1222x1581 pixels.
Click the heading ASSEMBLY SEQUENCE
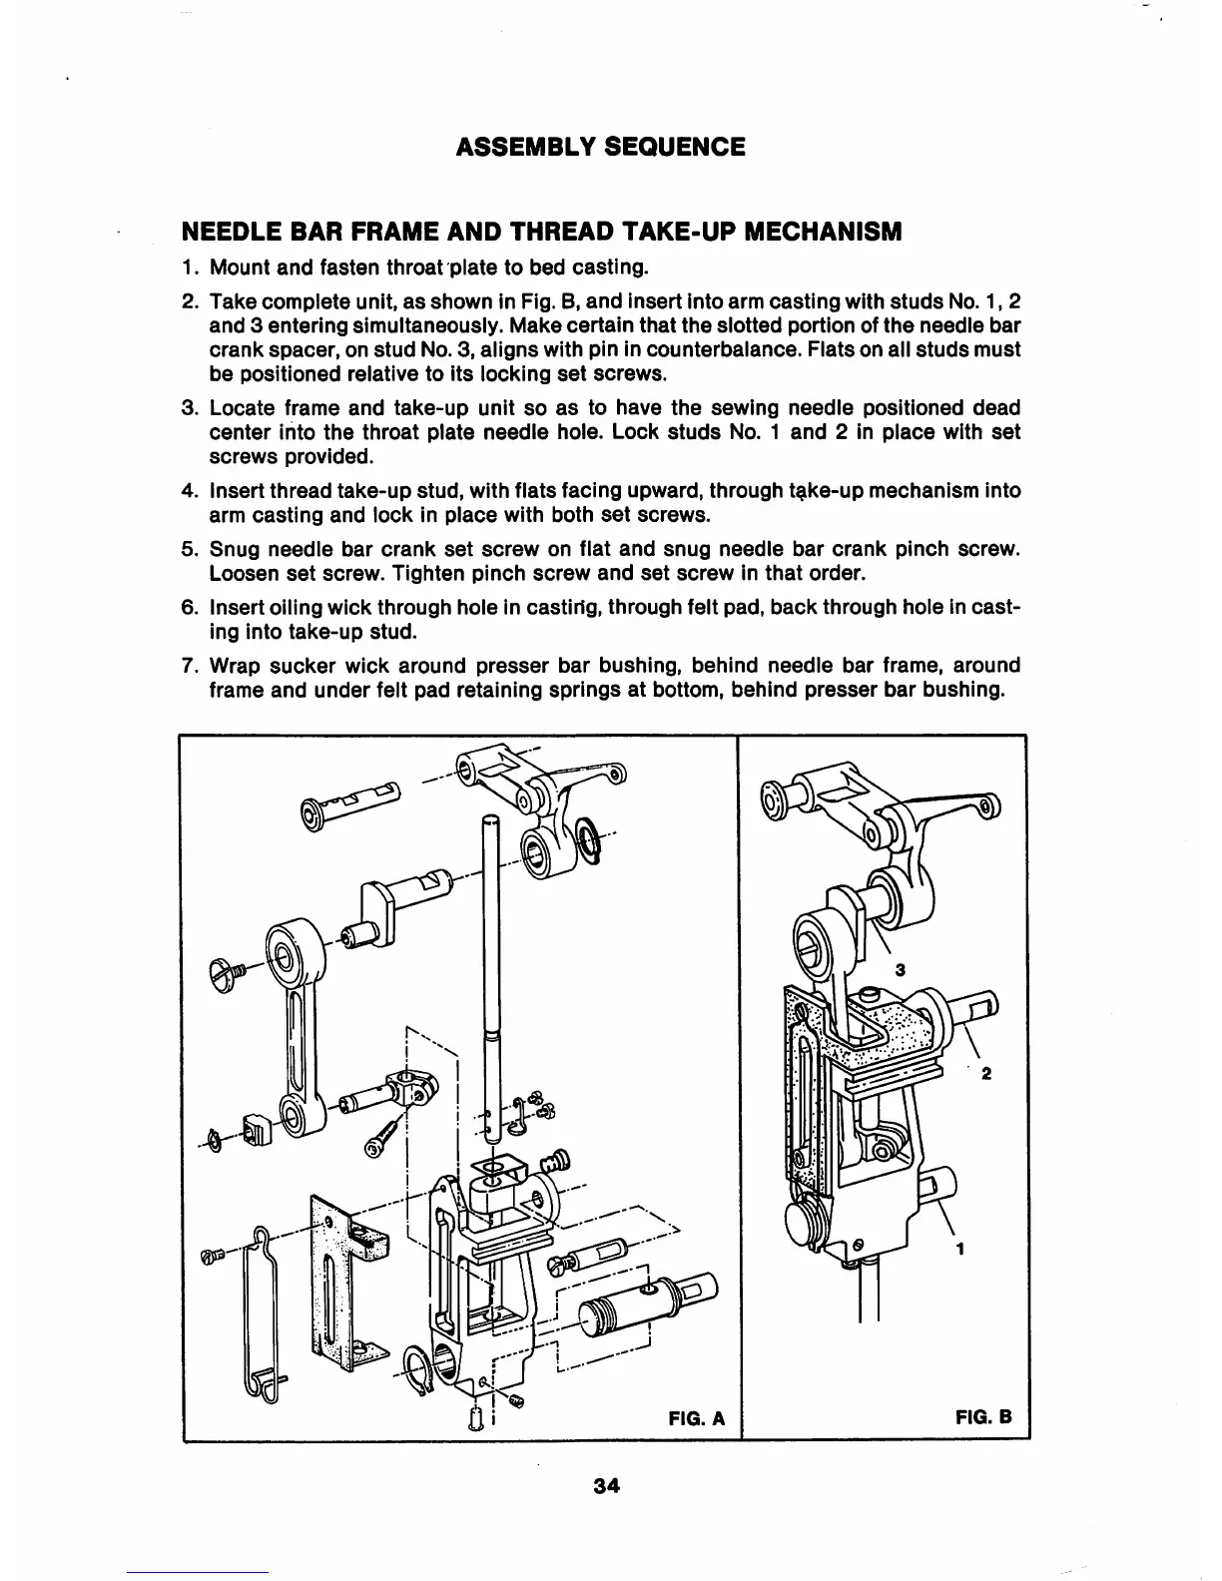coord(600,148)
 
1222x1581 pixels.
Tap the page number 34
coord(606,1484)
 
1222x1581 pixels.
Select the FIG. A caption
coord(696,1418)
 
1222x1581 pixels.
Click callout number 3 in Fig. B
coord(900,969)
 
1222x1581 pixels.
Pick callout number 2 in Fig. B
coord(986,1074)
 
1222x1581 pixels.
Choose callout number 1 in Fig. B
coord(959,1248)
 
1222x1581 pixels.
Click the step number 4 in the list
coord(188,491)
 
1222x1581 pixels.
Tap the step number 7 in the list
coord(188,666)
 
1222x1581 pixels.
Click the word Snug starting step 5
coord(236,550)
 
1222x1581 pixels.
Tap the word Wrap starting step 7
coord(237,666)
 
